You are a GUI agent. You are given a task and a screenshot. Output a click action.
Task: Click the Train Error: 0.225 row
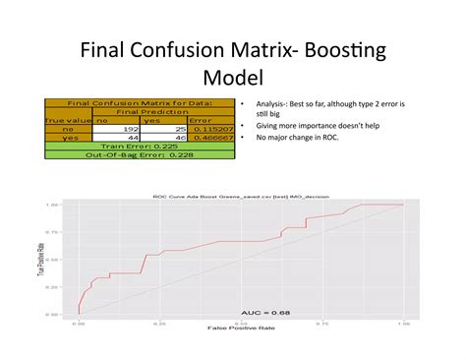(138, 146)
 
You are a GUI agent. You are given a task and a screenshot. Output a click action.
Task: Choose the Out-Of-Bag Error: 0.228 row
(138, 154)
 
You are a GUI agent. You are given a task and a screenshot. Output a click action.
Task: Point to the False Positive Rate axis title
(240, 329)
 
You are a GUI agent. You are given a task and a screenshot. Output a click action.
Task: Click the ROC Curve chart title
(240, 196)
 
